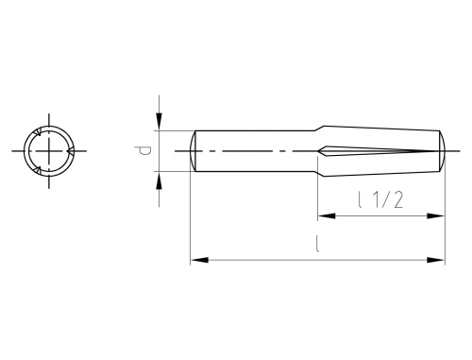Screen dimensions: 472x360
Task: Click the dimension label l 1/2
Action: (380, 199)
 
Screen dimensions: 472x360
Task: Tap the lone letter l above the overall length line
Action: (317, 244)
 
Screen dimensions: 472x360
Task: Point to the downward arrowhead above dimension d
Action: (160, 121)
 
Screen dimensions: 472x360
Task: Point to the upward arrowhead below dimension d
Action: (160, 180)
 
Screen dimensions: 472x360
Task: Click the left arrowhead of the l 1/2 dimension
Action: (327, 216)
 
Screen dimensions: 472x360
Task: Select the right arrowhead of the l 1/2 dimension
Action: (435, 216)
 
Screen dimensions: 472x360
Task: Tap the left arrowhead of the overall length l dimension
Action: (199, 260)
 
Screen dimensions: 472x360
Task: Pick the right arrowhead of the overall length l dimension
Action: (436, 260)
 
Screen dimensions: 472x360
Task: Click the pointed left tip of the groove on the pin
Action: (318, 151)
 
